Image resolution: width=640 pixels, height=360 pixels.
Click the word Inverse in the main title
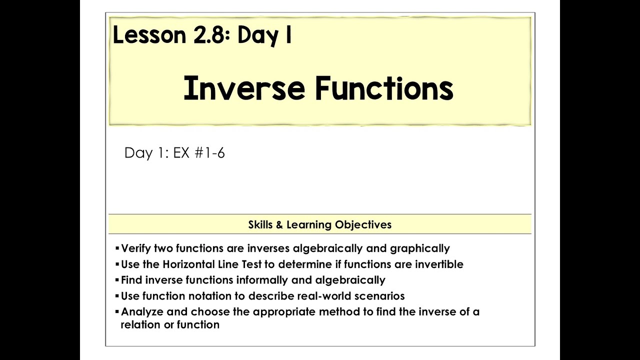tap(244, 89)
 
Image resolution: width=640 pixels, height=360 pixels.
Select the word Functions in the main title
tap(384, 89)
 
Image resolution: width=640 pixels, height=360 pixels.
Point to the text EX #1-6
tap(199, 153)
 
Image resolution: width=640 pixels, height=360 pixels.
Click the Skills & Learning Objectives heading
tap(319, 224)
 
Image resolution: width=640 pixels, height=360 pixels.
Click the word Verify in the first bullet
tap(136, 248)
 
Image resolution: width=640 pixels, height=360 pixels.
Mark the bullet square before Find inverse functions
tap(117, 279)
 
